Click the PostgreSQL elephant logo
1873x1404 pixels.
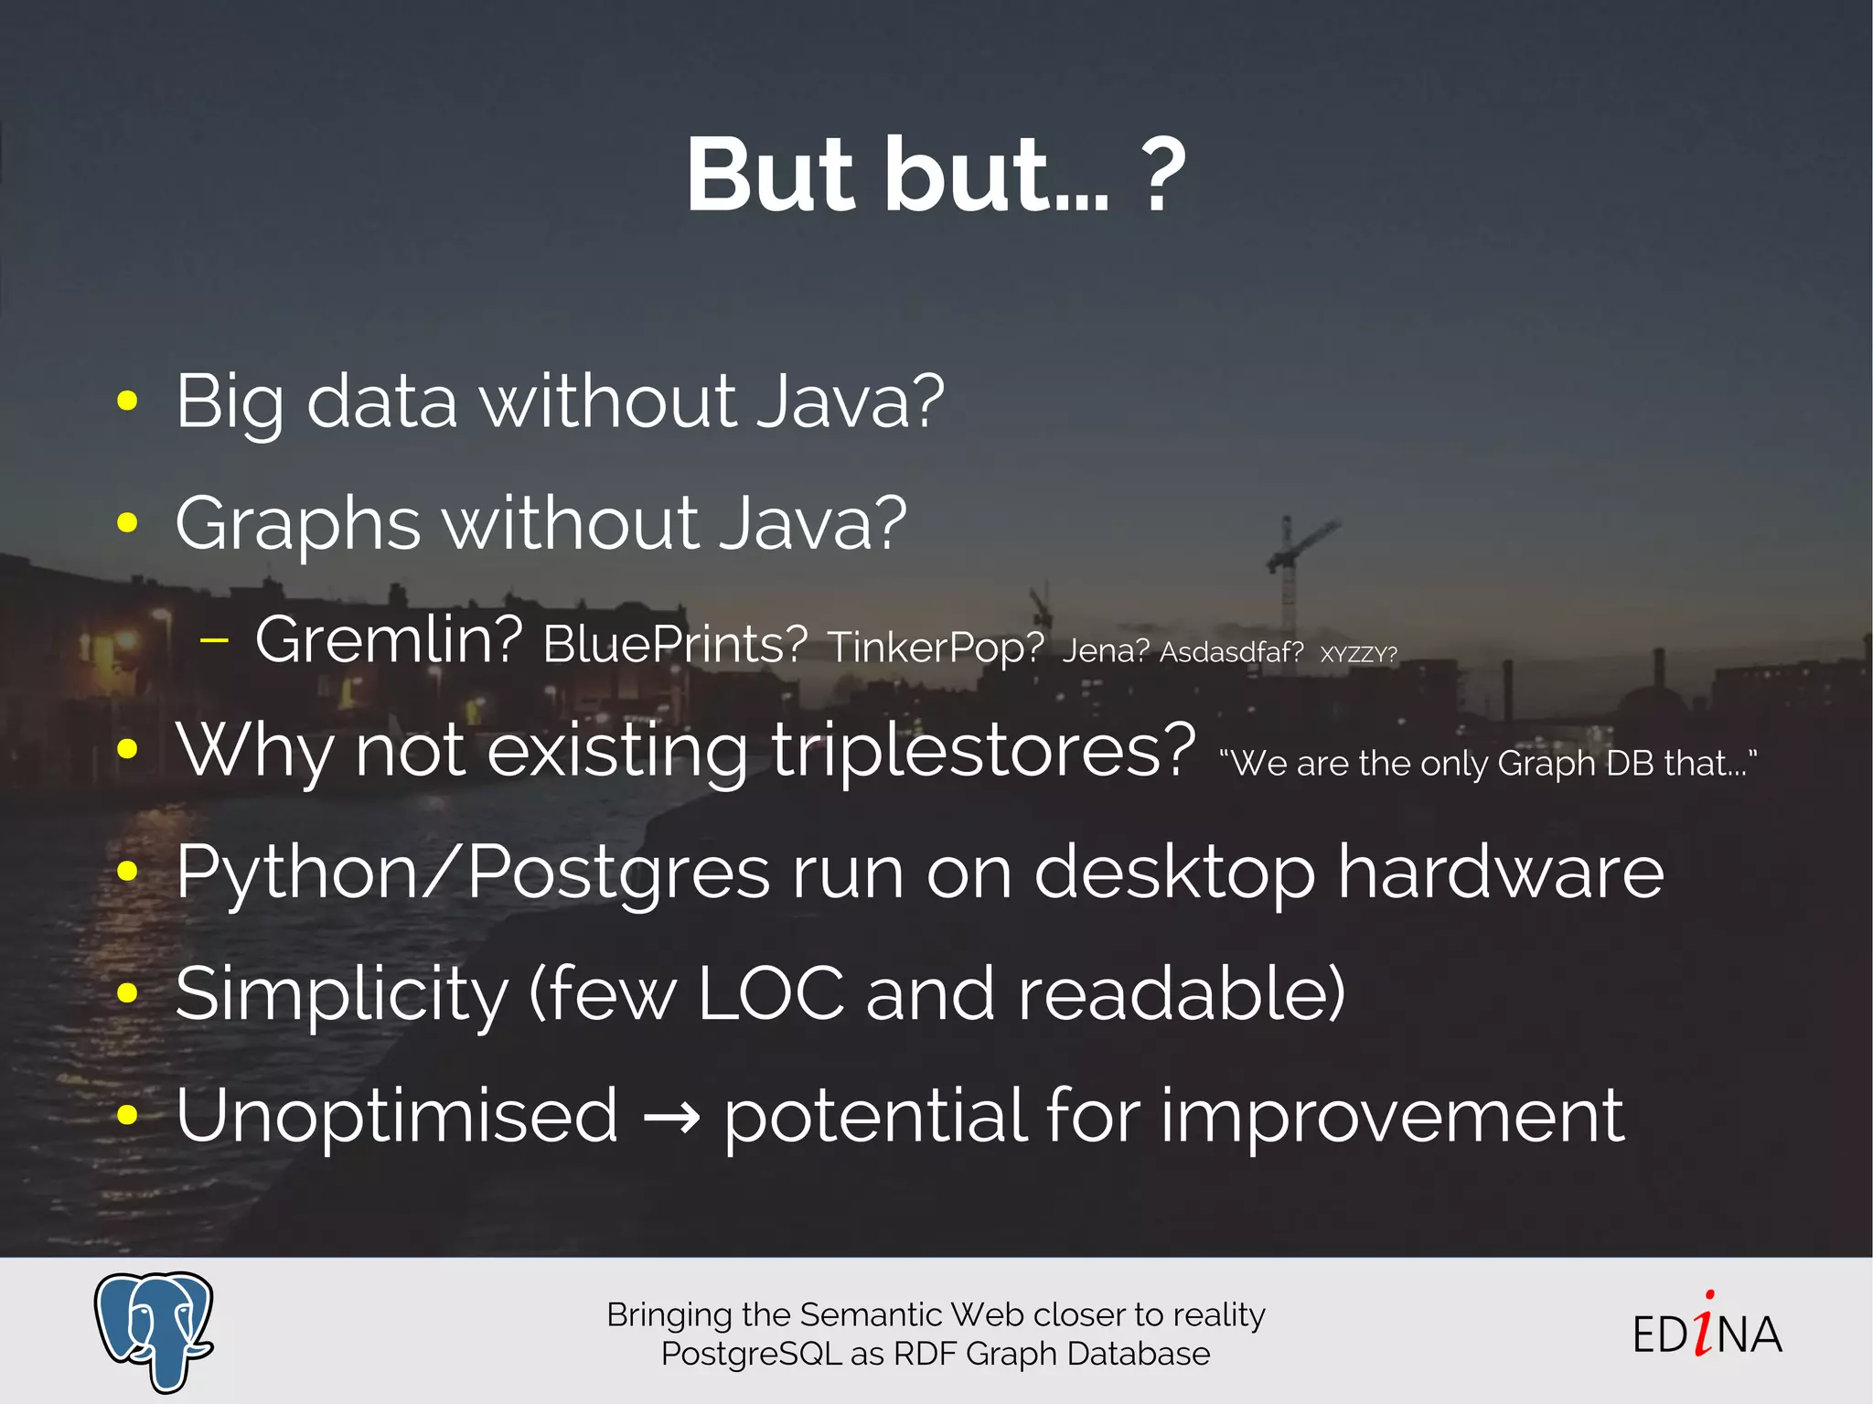[154, 1329]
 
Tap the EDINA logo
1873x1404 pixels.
[1707, 1331]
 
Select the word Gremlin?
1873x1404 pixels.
[389, 640]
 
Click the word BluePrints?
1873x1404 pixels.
[675, 645]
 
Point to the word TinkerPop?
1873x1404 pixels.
[936, 648]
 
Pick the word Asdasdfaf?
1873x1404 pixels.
[1231, 652]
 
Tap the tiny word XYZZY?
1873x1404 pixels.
[1358, 655]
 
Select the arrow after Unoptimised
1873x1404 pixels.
[671, 1118]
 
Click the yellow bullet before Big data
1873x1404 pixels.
[127, 401]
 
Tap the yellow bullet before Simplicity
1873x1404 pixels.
[127, 993]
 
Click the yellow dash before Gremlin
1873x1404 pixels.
[214, 641]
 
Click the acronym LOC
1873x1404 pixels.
[770, 994]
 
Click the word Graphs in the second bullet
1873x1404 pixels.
[298, 524]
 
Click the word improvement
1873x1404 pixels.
[1393, 1116]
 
